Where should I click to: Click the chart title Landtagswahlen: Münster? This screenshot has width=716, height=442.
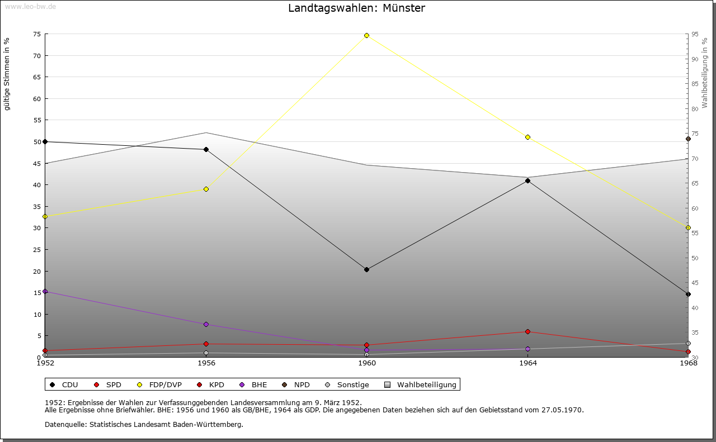[x=356, y=8]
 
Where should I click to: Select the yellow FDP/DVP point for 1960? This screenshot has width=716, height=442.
[x=366, y=35]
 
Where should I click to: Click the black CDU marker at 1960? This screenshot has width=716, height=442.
[x=366, y=269]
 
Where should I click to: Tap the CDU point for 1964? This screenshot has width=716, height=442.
[x=527, y=180]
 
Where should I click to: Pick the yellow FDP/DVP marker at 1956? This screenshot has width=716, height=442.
[x=206, y=189]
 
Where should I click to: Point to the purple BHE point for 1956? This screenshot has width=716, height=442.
[x=206, y=324]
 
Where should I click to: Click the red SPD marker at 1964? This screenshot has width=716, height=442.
[x=527, y=331]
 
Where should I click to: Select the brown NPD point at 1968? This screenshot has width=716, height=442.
[x=688, y=139]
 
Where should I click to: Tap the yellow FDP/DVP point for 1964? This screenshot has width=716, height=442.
[x=527, y=137]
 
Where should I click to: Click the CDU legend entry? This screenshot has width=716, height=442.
[x=64, y=384]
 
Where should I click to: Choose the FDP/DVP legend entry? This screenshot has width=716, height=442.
[x=159, y=384]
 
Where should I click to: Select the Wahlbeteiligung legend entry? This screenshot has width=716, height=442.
[x=421, y=384]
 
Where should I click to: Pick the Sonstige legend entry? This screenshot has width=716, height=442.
[x=347, y=384]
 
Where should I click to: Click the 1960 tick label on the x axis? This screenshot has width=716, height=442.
[x=367, y=363]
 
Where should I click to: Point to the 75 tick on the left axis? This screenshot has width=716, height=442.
[x=36, y=34]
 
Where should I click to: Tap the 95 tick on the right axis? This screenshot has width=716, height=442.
[x=695, y=34]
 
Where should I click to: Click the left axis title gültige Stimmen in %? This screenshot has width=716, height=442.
[x=7, y=74]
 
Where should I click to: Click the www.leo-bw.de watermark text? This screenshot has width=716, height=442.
[x=29, y=6]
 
